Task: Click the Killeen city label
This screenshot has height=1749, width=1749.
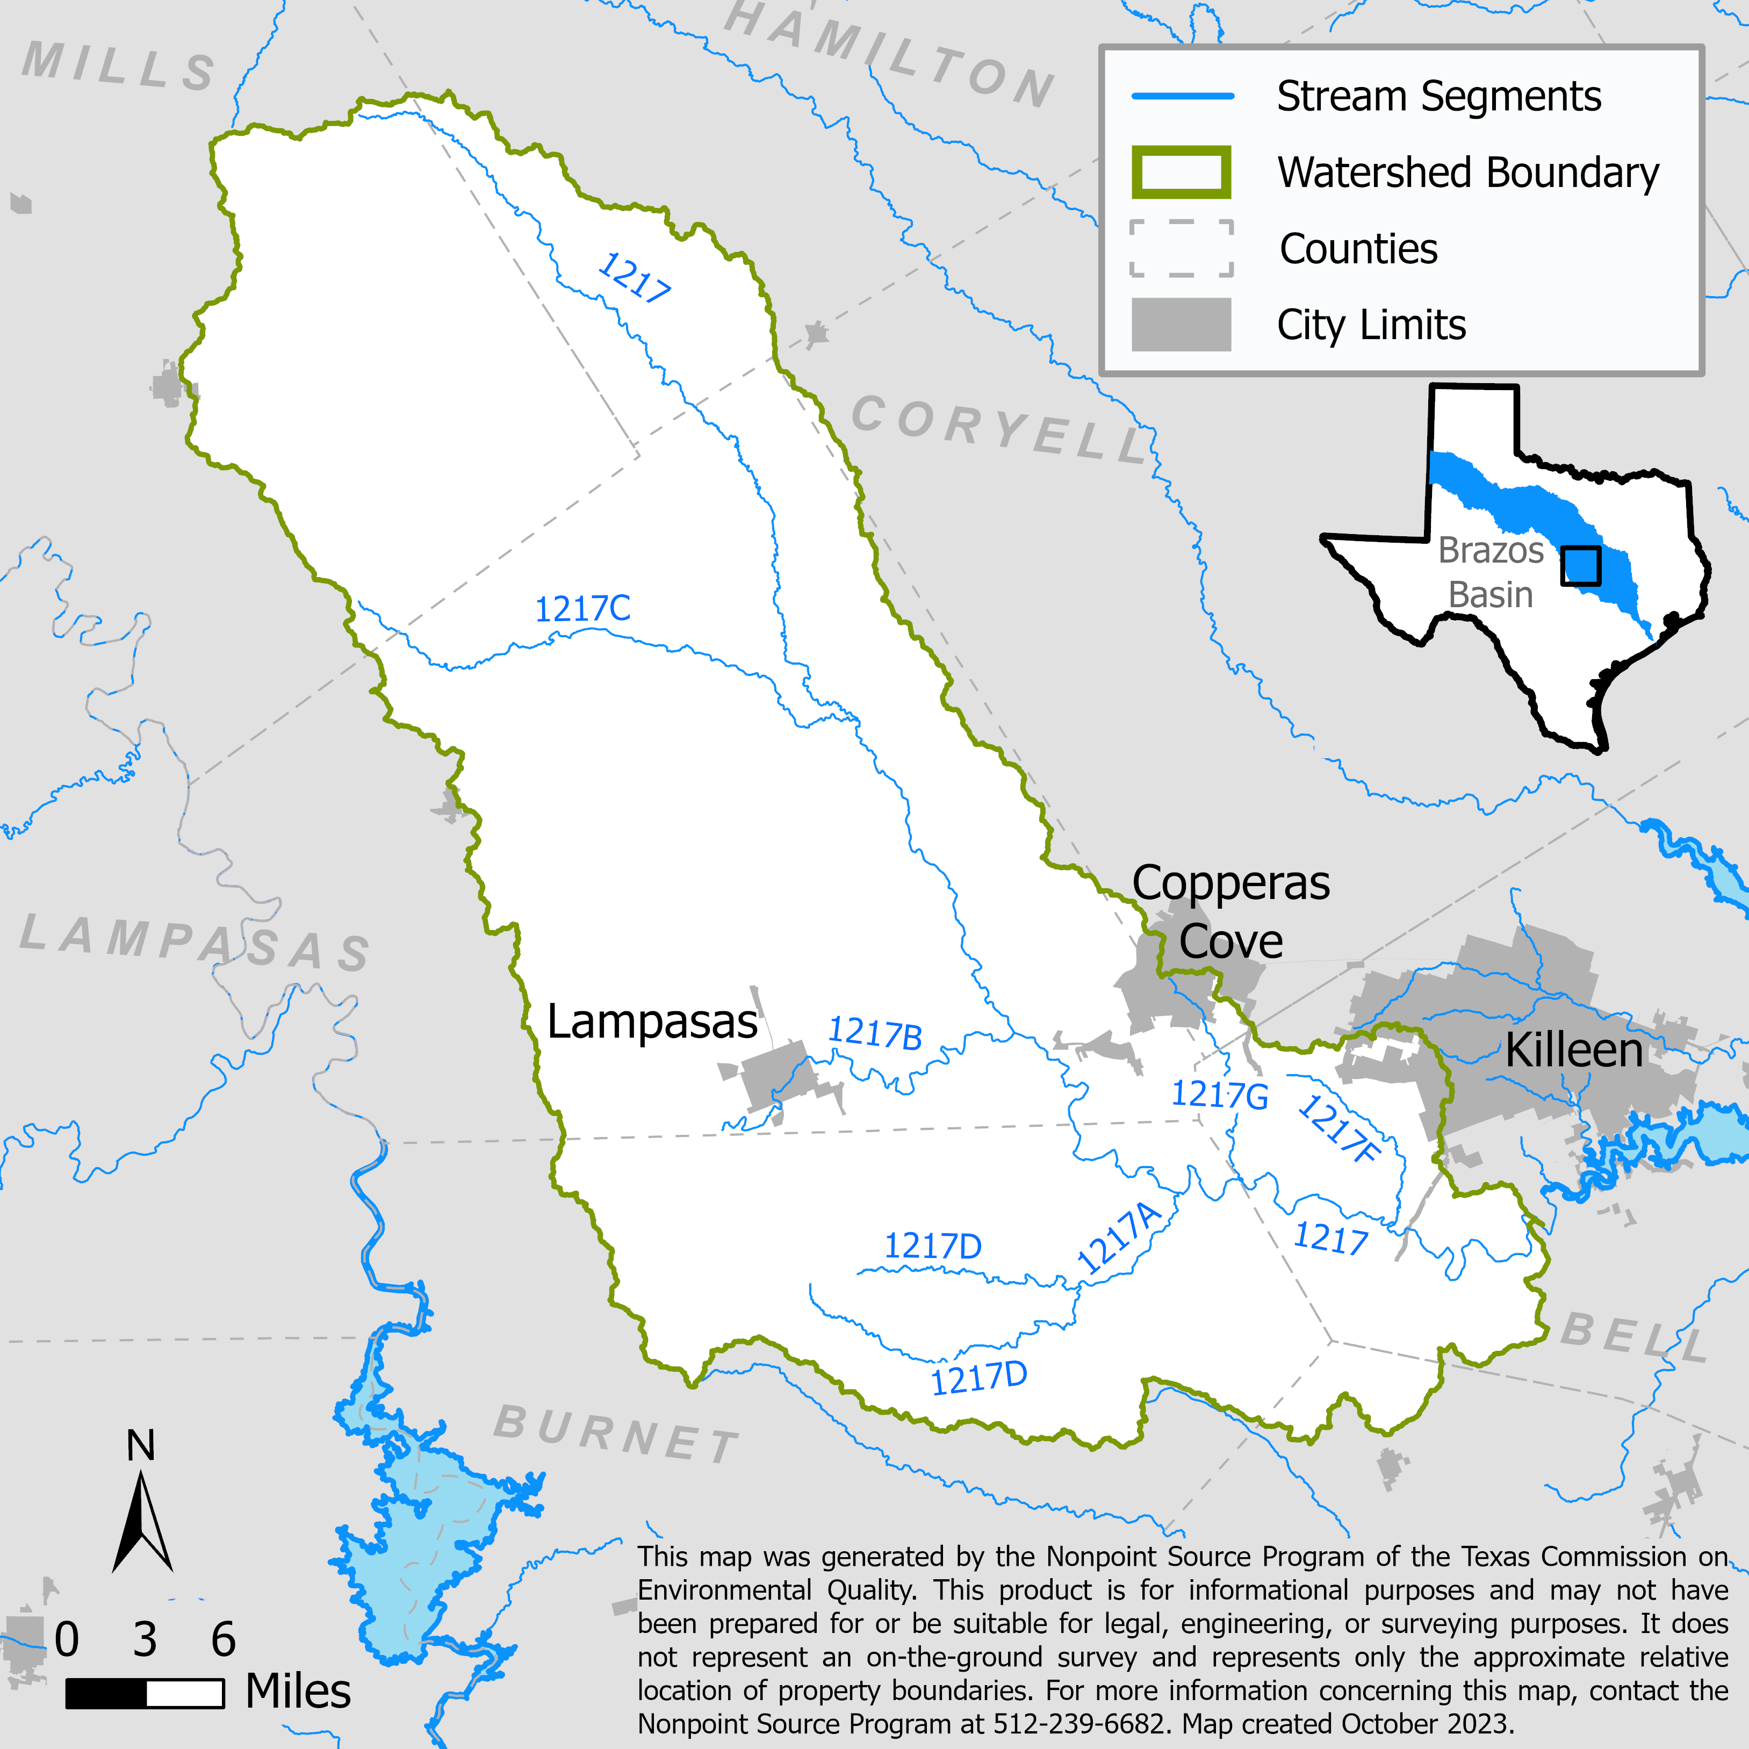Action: pos(1573,1051)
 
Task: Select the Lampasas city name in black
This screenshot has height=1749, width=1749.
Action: pos(652,1022)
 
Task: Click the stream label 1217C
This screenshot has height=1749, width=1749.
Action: pos(582,608)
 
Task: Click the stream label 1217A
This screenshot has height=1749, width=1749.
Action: pos(1119,1239)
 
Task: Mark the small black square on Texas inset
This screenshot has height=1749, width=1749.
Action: pos(1581,566)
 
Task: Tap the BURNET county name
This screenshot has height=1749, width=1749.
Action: pos(616,1434)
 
